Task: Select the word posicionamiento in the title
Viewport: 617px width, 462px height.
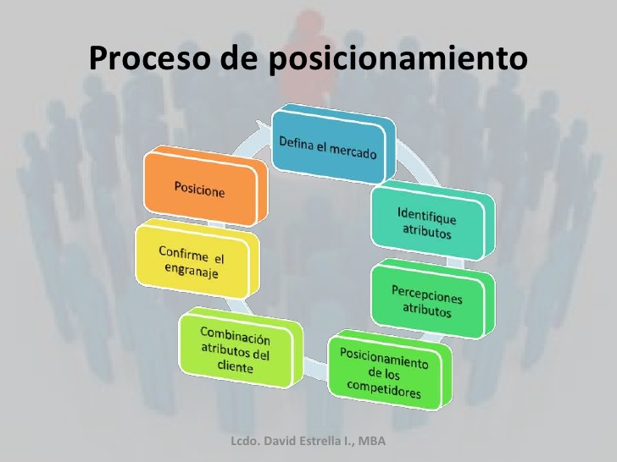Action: tap(397, 59)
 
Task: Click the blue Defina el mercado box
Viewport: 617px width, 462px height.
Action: tap(334, 144)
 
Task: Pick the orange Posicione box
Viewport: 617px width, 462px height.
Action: tap(205, 185)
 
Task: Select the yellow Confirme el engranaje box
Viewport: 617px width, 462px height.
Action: tap(197, 259)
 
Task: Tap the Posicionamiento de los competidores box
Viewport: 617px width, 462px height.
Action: tap(390, 370)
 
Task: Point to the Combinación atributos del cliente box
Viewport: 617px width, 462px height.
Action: tap(241, 348)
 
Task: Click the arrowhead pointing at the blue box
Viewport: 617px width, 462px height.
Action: tap(264, 128)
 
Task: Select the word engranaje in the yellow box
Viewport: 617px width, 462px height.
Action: tap(192, 271)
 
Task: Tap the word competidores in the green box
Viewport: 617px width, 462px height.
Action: tap(384, 390)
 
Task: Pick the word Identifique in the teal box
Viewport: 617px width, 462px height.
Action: tap(427, 216)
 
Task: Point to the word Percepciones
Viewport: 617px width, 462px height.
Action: tap(426, 294)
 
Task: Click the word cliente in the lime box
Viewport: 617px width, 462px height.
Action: tap(236, 366)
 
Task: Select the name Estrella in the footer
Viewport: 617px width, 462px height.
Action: tap(319, 441)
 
